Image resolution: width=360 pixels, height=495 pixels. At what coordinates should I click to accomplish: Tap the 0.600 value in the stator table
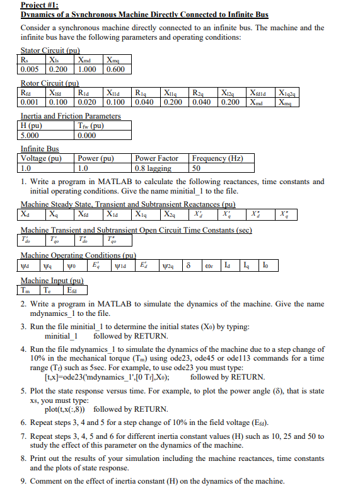click(x=115, y=69)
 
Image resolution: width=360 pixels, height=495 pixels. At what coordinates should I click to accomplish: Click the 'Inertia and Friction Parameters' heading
click(x=71, y=116)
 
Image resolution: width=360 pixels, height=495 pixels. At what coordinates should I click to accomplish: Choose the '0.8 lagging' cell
click(x=153, y=168)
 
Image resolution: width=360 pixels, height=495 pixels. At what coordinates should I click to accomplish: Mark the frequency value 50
click(x=197, y=168)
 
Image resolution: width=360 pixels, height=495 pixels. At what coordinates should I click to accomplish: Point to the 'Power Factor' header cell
click(x=156, y=158)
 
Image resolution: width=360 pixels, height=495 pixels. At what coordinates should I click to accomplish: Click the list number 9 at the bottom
click(x=23, y=482)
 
